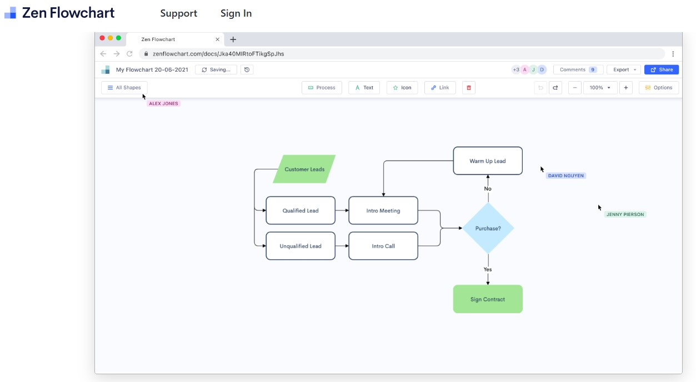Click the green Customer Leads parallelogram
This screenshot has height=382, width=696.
[304, 169]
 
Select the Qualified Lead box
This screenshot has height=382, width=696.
[301, 210]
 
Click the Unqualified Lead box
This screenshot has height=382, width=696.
[301, 246]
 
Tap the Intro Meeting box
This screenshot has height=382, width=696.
[383, 210]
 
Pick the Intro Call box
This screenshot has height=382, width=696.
[383, 246]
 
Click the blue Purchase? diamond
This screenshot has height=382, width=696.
[488, 228]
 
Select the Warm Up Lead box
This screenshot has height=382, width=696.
[488, 161]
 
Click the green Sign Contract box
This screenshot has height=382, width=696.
[488, 299]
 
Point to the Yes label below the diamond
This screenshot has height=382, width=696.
[488, 269]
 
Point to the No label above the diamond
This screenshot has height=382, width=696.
[488, 189]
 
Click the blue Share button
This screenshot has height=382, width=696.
[661, 70]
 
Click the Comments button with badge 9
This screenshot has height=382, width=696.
[578, 70]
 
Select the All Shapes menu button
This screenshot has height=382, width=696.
[124, 88]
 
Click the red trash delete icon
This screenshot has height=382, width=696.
[469, 88]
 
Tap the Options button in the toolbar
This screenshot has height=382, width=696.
[659, 88]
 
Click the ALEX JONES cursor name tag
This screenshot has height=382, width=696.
[164, 104]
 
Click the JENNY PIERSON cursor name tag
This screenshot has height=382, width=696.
[625, 214]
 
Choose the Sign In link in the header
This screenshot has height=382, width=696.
[236, 13]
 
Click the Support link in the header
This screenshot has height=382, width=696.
[178, 13]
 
